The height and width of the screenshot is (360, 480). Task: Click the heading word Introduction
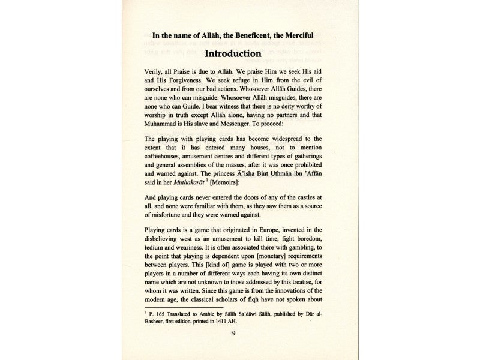239,54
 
